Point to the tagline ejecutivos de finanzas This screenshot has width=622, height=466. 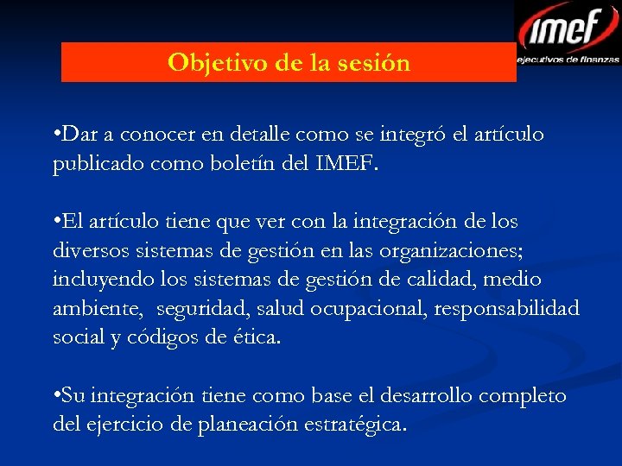(568, 60)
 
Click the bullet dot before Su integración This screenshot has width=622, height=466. (56, 396)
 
